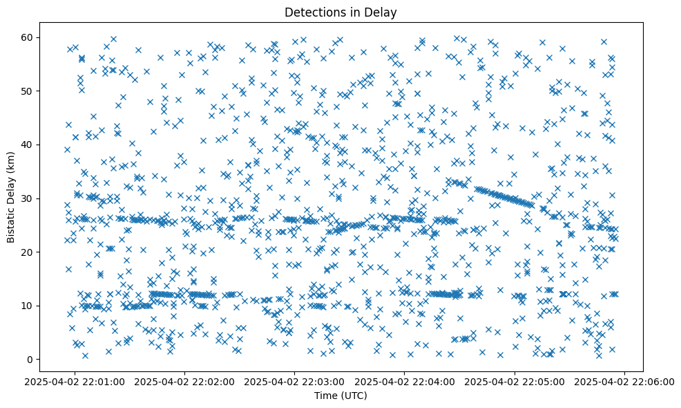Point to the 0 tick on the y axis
click(x=49, y=360)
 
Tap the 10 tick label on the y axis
click(x=46, y=306)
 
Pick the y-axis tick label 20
click(x=46, y=252)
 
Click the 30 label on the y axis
click(x=46, y=198)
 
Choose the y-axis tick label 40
click(x=46, y=145)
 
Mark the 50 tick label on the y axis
click(x=46, y=91)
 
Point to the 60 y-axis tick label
click(x=46, y=37)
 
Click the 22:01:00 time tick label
click(x=75, y=381)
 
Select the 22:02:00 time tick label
click(x=185, y=381)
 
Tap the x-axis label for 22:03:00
click(x=295, y=381)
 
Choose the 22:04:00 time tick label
click(x=405, y=381)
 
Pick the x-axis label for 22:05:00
click(x=515, y=381)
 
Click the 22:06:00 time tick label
click(x=625, y=381)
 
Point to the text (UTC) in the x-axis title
click(x=355, y=396)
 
